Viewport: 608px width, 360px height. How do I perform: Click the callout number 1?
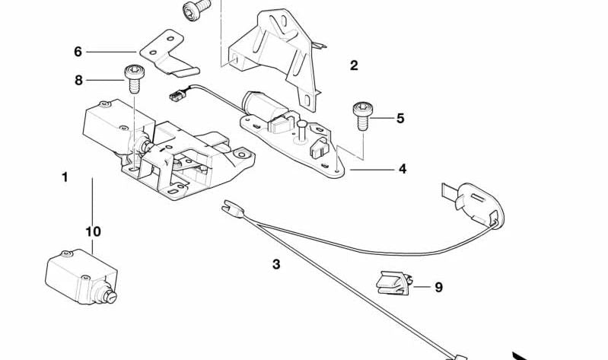65,177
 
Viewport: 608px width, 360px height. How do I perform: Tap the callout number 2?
354,65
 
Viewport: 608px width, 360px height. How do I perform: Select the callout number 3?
276,265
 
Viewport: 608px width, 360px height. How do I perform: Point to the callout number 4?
403,169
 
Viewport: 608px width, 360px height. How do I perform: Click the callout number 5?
400,119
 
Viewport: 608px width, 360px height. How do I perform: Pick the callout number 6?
78,52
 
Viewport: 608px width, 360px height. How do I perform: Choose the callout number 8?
78,79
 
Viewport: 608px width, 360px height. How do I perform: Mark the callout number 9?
438,287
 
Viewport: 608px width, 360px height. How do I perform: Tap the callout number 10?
93,231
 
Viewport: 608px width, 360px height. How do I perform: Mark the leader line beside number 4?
373,169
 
